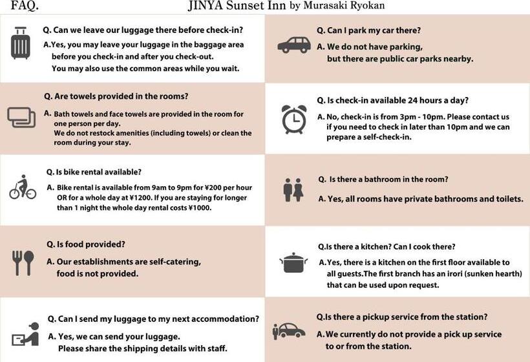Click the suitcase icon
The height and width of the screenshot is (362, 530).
click(21, 43)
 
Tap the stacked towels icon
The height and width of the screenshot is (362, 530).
click(21, 117)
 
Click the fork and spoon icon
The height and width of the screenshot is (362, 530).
click(23, 262)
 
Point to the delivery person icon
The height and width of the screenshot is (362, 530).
click(25, 335)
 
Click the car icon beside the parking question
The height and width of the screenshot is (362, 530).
click(294, 45)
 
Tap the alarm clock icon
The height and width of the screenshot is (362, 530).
click(294, 119)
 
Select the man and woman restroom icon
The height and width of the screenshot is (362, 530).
click(293, 190)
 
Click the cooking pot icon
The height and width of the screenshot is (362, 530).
click(293, 262)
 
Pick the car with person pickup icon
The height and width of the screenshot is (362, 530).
click(289, 330)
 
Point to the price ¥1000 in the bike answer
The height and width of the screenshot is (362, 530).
click(200, 208)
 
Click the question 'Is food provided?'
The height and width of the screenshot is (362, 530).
click(86, 244)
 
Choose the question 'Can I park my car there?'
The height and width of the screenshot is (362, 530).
click(368, 30)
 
